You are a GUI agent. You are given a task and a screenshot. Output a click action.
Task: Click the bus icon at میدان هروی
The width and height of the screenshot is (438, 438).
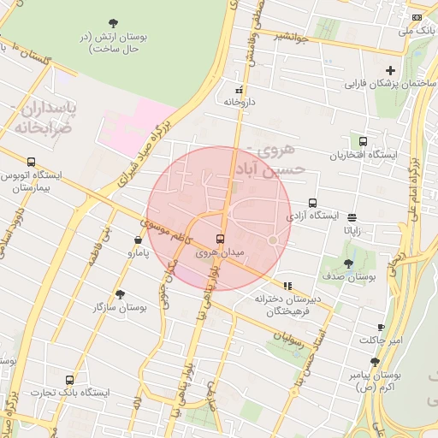click(x=221, y=239)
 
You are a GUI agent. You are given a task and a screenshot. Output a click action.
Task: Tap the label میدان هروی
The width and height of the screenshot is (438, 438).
click(x=221, y=253)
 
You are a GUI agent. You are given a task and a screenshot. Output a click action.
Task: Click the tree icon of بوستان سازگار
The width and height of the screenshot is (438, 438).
click(x=120, y=293)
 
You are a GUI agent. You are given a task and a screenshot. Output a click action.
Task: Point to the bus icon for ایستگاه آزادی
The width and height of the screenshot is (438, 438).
click(x=312, y=203)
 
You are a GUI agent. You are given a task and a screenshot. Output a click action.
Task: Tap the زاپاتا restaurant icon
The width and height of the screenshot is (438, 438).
click(x=352, y=217)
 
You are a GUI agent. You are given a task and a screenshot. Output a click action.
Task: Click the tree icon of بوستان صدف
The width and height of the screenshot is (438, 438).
click(x=348, y=264)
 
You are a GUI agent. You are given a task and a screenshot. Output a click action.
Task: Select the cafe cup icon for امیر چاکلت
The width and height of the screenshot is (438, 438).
click(x=382, y=327)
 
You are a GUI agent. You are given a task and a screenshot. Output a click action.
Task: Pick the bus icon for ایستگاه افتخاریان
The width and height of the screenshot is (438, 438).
click(x=364, y=141)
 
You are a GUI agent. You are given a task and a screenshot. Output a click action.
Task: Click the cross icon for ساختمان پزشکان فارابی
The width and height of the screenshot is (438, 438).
click(x=391, y=70)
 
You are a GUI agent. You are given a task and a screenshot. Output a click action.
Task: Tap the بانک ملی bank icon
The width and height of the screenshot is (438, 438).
click(x=417, y=17)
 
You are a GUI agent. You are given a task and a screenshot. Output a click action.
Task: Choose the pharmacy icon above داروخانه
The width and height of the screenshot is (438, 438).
click(x=240, y=88)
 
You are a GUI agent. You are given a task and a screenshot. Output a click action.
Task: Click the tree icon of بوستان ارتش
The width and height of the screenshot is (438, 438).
click(x=115, y=23)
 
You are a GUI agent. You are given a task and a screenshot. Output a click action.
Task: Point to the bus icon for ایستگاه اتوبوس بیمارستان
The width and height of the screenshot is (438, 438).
click(x=32, y=162)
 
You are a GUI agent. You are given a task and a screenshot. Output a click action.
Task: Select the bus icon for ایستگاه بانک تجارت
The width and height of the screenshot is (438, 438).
click(x=69, y=379)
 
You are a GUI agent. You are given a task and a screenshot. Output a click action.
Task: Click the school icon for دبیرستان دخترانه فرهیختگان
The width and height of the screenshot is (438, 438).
click(x=287, y=286)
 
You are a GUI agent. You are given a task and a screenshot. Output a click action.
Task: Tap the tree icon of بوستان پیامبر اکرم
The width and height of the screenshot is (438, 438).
click(x=375, y=361)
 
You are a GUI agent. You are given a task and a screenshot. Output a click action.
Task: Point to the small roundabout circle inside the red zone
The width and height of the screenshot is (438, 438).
click(x=273, y=240)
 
